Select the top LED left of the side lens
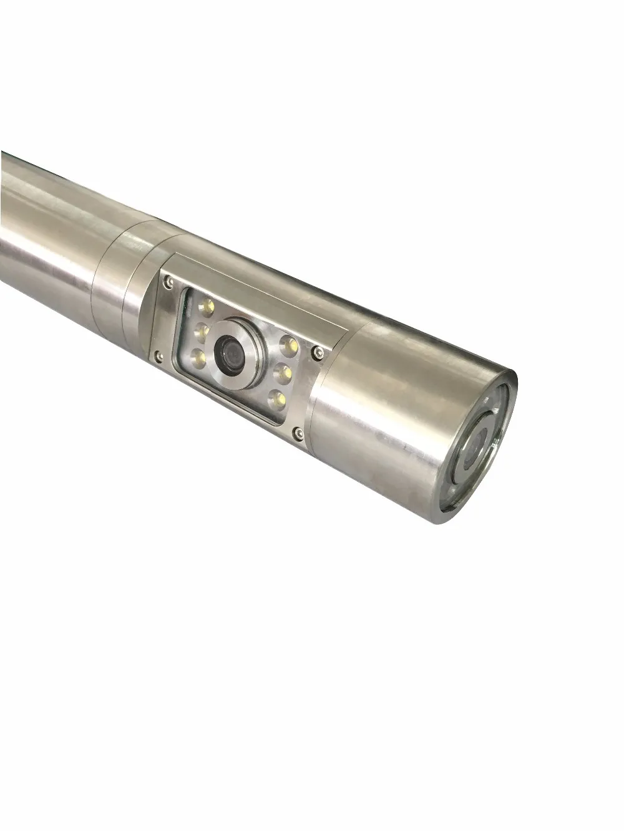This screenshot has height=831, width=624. [206, 307]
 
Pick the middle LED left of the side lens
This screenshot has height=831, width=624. [201, 330]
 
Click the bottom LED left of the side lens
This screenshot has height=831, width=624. [199, 355]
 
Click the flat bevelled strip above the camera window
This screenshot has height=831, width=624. [250, 287]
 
